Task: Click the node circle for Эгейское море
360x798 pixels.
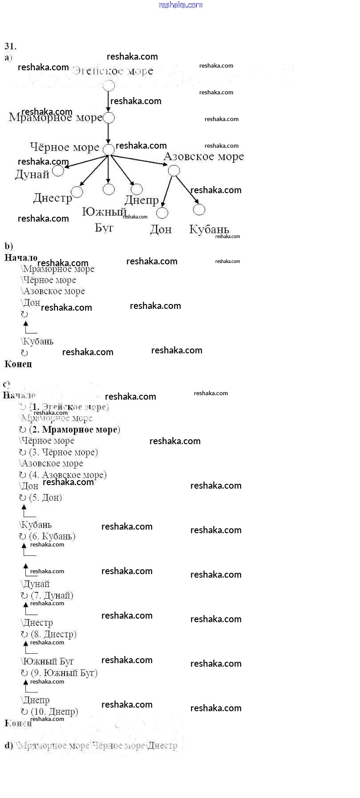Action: pyautogui.click(x=109, y=85)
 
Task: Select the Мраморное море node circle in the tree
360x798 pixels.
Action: pyautogui.click(x=109, y=117)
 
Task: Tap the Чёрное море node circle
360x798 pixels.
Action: pyautogui.click(x=109, y=150)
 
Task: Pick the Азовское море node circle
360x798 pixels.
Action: pyautogui.click(x=174, y=170)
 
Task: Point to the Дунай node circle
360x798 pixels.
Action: pyautogui.click(x=58, y=170)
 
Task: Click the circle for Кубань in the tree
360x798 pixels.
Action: pyautogui.click(x=199, y=209)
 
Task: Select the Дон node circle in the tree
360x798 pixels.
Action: pyautogui.click(x=162, y=213)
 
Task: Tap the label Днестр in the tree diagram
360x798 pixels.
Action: pyautogui.click(x=53, y=198)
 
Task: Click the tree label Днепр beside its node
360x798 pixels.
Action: pyautogui.click(x=142, y=201)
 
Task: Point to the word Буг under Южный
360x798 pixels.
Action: pyautogui.click(x=105, y=228)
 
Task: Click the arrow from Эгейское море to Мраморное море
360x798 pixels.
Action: pyautogui.click(x=108, y=101)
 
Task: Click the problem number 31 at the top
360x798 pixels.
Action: pyautogui.click(x=10, y=46)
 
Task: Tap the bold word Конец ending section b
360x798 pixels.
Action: pyautogui.click(x=18, y=364)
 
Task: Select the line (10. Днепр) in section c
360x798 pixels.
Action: pyautogui.click(x=54, y=712)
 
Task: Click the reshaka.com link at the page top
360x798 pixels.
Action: pyautogui.click(x=180, y=5)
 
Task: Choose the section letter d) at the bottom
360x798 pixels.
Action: pyautogui.click(x=8, y=745)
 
